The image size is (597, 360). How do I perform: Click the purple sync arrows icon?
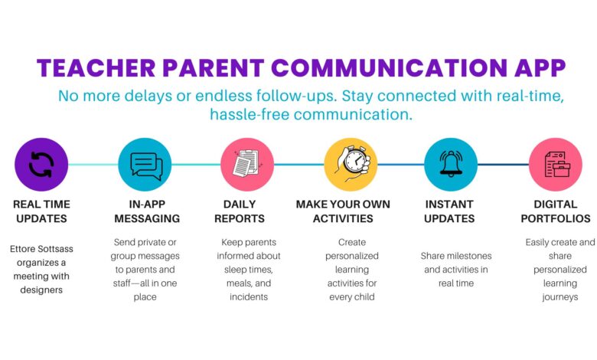pyautogui.click(x=41, y=165)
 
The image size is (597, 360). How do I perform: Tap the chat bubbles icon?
pyautogui.click(x=145, y=165)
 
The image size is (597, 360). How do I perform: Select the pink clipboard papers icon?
pyautogui.click(x=247, y=165)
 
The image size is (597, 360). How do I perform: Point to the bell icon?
pyautogui.click(x=451, y=165)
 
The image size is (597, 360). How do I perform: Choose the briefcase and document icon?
pyautogui.click(x=556, y=165)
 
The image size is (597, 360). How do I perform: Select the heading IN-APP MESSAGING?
pyautogui.click(x=147, y=211)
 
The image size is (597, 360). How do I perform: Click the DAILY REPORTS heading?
pyautogui.click(x=240, y=211)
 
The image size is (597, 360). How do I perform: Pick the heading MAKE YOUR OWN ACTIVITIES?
pyautogui.click(x=343, y=211)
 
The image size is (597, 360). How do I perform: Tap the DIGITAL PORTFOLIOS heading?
pyautogui.click(x=556, y=211)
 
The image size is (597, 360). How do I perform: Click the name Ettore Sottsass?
pyautogui.click(x=41, y=249)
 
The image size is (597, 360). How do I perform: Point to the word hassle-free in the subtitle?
pyautogui.click(x=250, y=114)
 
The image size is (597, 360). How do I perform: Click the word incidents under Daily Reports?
pyautogui.click(x=249, y=296)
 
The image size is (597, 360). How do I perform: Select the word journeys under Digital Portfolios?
pyautogui.click(x=560, y=297)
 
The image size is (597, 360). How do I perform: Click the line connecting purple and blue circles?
pyautogui.click(x=93, y=165)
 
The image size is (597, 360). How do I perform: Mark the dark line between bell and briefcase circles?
pyautogui.click(x=503, y=165)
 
